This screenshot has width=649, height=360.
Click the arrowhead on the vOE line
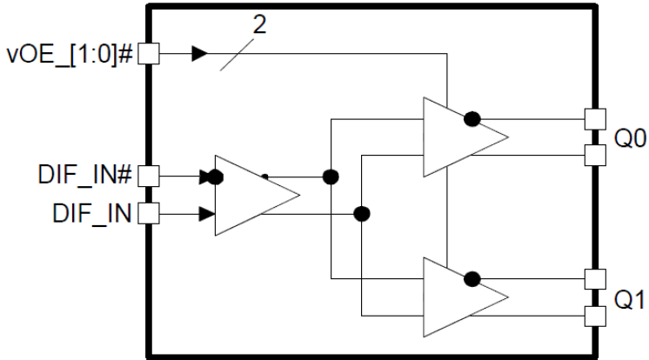pyautogui.click(x=200, y=54)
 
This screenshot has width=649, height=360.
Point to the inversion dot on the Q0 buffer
pyautogui.click(x=472, y=118)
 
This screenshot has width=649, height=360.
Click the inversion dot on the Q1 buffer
pyautogui.click(x=472, y=279)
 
